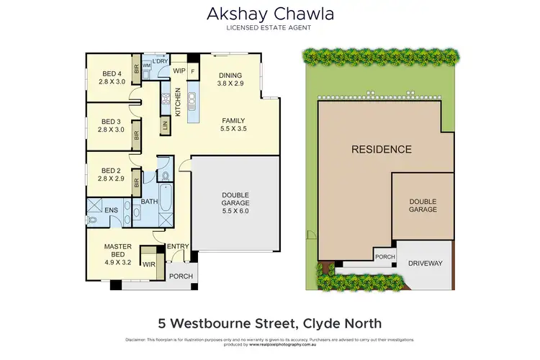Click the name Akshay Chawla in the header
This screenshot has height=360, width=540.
[x=269, y=14]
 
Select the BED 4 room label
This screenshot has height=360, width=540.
[x=112, y=77]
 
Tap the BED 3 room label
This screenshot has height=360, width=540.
[x=112, y=125]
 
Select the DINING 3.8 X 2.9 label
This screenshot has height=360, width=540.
[x=230, y=80]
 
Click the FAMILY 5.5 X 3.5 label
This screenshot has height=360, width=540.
[x=233, y=125]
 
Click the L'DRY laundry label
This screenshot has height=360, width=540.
[x=161, y=61]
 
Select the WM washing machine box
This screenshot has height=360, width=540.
[x=147, y=66]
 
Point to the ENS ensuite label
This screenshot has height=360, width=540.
[x=112, y=210]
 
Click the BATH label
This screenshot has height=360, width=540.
[x=149, y=202]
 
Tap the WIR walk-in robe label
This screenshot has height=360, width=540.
[x=149, y=264]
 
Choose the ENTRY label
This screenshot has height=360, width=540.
[x=177, y=247]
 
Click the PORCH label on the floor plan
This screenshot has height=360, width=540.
[x=179, y=276]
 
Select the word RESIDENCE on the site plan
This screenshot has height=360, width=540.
[x=381, y=150]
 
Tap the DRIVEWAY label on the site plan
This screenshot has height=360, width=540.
[x=425, y=264]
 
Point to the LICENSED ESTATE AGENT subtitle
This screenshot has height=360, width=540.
[x=269, y=28]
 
